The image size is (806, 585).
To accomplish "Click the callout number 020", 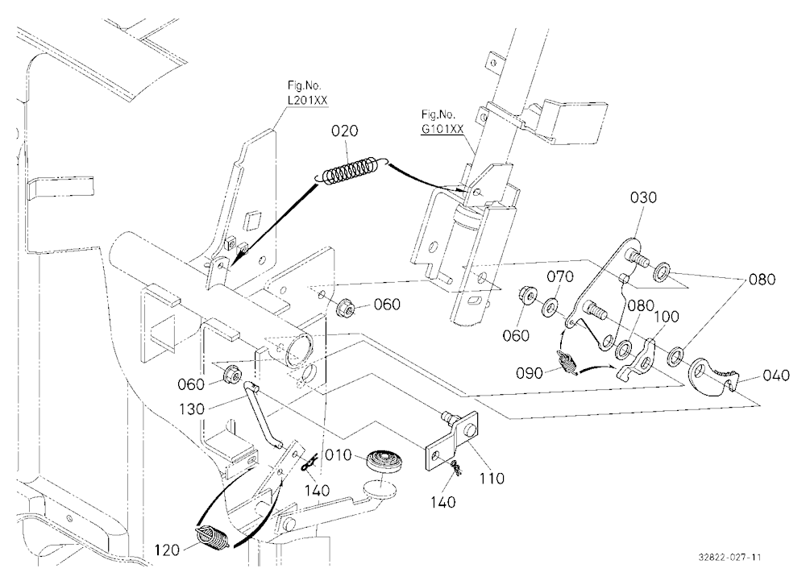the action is click(x=344, y=131).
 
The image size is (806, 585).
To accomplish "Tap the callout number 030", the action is click(x=643, y=197).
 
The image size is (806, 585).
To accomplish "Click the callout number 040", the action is click(x=775, y=375).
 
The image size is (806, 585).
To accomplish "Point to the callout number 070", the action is click(x=560, y=277).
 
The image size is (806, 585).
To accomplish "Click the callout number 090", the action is click(x=530, y=373).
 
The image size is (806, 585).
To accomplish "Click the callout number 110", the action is click(x=492, y=479).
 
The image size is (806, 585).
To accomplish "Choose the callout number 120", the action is click(x=167, y=550).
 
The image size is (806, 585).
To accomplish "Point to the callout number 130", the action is click(x=192, y=409).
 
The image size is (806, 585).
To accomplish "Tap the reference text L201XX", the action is click(x=308, y=101).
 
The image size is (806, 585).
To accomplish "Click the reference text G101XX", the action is click(x=442, y=129).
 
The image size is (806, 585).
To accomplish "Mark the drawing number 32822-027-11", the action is click(x=730, y=558).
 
